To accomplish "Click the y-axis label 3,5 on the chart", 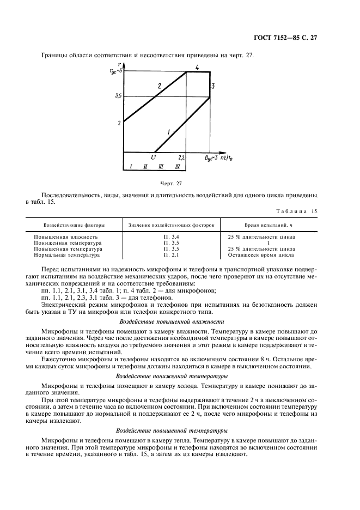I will click(x=118, y=96).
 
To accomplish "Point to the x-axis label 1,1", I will click(x=154, y=157).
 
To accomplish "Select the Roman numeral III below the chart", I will click(x=161, y=166).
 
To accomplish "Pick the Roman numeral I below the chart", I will click(x=131, y=166).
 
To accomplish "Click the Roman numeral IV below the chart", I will click(x=178, y=166).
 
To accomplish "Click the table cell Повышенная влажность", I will click(x=66, y=237).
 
